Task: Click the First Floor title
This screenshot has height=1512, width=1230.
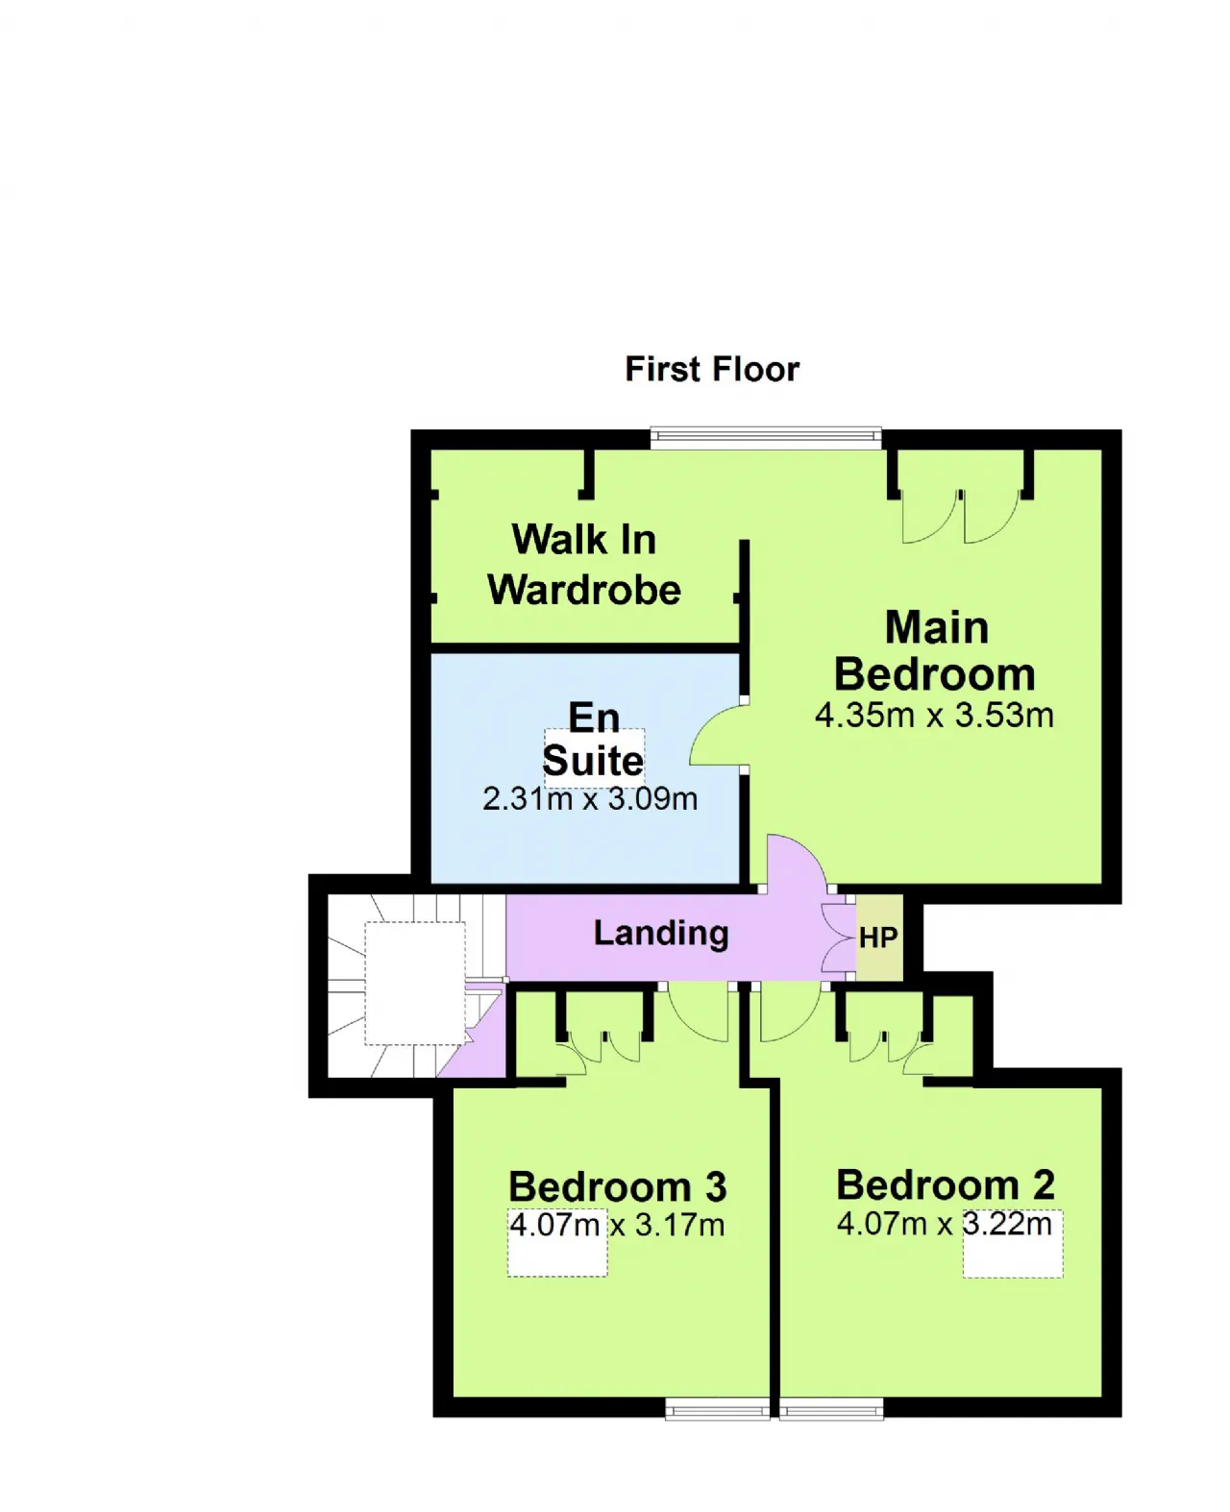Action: tap(712, 369)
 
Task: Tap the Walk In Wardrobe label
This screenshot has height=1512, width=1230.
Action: tap(583, 564)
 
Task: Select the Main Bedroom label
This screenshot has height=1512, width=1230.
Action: tap(935, 649)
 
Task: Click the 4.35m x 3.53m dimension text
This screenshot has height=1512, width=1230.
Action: tap(934, 715)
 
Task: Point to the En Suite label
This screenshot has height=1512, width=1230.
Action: tap(594, 739)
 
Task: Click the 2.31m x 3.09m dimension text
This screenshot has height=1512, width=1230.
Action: tap(590, 798)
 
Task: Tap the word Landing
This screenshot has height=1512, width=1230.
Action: tap(661, 934)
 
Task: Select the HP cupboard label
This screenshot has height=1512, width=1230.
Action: tap(878, 938)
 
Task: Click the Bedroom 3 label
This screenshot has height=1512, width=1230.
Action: tap(618, 1186)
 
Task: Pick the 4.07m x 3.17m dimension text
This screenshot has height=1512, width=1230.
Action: tap(617, 1225)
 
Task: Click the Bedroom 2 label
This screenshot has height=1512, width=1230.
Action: tap(946, 1184)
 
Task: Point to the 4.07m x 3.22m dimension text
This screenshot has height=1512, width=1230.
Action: tap(945, 1224)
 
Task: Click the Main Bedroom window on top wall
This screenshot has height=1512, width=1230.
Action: tap(766, 437)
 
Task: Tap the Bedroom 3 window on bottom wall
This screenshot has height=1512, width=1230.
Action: tap(717, 1408)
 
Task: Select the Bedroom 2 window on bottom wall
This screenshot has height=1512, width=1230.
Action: tap(831, 1408)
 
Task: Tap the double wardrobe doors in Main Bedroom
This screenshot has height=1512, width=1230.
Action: tap(961, 516)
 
